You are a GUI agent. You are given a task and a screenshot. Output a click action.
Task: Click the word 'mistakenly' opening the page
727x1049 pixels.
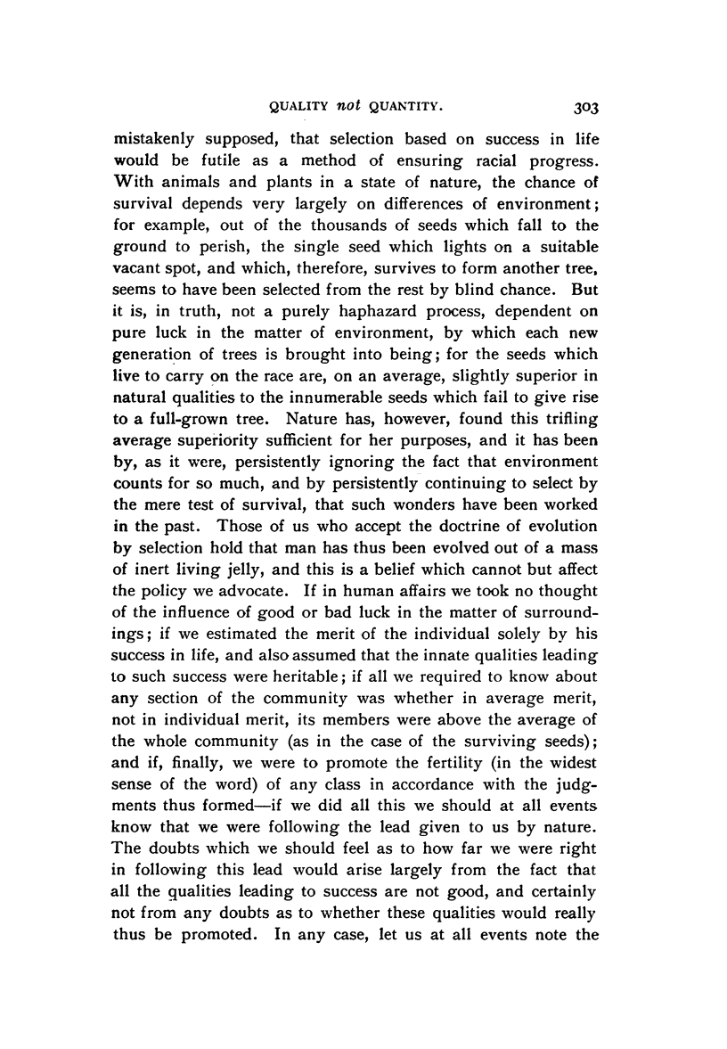(x=158, y=142)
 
